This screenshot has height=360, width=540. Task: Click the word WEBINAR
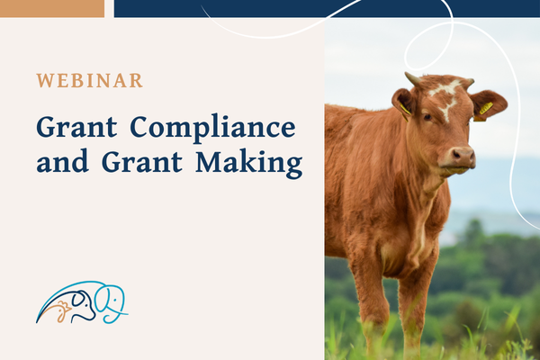tap(89, 80)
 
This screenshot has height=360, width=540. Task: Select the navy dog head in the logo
tap(82, 304)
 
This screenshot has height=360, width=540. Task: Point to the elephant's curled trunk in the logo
tap(117, 315)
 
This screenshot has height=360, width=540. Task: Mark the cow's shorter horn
tap(467, 82)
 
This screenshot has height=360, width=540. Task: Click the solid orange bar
tap(52, 8)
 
